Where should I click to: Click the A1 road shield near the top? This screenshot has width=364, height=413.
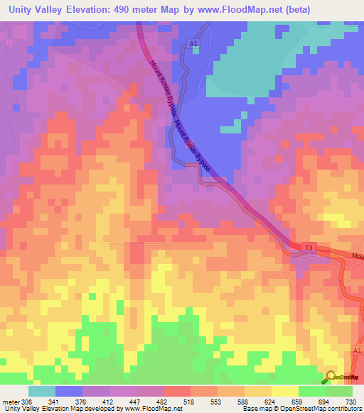193,44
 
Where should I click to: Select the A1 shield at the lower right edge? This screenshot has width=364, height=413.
358,350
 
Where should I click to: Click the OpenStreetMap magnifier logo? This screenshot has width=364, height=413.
331,378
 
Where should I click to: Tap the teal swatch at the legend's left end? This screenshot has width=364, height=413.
41,391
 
